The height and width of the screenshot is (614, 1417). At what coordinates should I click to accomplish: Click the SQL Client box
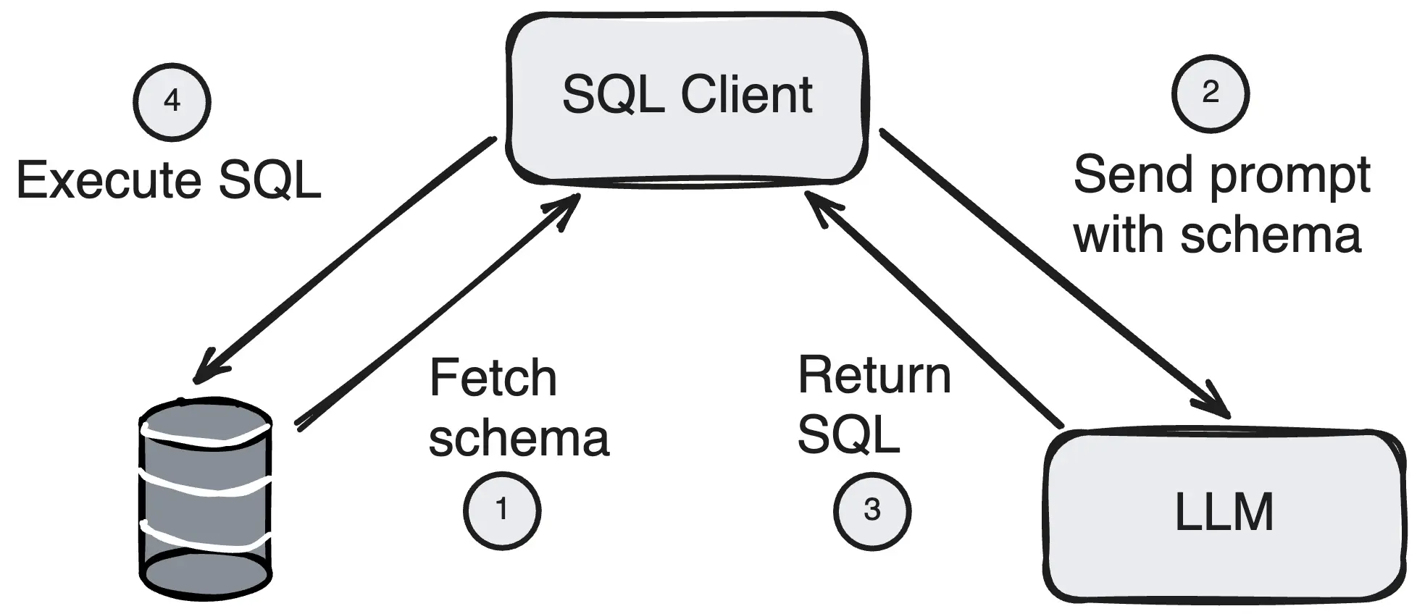pos(687,98)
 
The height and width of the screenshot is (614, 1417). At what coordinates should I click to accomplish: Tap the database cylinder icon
pos(205,500)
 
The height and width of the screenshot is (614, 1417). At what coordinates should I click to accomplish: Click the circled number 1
pos(501,510)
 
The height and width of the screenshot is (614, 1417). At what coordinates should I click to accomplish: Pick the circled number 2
pos(1210,93)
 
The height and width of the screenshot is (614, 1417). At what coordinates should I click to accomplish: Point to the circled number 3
pos(872,510)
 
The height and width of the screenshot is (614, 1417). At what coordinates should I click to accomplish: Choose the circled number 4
pos(172,101)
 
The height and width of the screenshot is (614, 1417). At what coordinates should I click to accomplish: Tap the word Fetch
pos(493,378)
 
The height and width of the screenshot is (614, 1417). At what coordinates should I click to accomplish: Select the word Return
pos(874,376)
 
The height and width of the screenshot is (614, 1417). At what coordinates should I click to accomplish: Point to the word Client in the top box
pos(746,95)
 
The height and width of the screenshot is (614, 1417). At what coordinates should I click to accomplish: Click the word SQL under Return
pos(848,435)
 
